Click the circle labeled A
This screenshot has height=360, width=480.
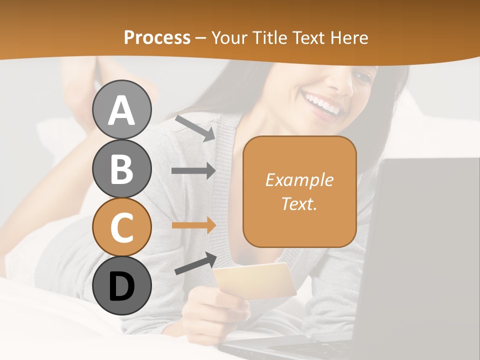(x=121, y=109)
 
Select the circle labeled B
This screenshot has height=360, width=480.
(x=121, y=168)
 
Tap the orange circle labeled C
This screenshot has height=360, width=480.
(x=121, y=227)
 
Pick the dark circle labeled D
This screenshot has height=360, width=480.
(x=121, y=285)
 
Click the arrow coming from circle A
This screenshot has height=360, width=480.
(x=195, y=127)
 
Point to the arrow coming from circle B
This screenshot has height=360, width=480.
(x=193, y=171)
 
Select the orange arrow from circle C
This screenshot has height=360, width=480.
(x=193, y=225)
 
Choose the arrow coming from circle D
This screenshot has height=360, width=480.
(x=195, y=263)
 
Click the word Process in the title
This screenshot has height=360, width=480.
(x=157, y=37)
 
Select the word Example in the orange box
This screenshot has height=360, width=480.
(x=299, y=180)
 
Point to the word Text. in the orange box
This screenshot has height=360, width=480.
(x=299, y=203)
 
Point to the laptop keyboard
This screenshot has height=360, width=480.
(x=320, y=350)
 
